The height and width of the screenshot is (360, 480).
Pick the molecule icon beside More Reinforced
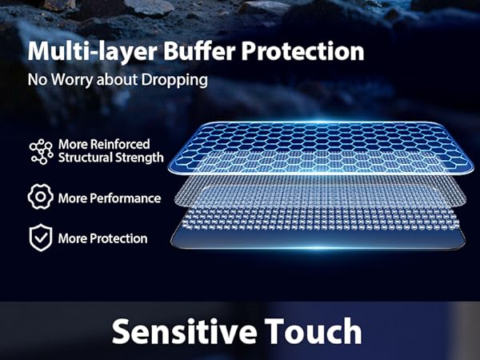39,150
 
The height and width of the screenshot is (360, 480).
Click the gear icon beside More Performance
39,197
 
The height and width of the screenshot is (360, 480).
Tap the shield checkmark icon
39,238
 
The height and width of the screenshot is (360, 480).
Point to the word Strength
141,158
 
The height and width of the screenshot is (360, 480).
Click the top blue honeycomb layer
320,144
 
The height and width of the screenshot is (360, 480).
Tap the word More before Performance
72,198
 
